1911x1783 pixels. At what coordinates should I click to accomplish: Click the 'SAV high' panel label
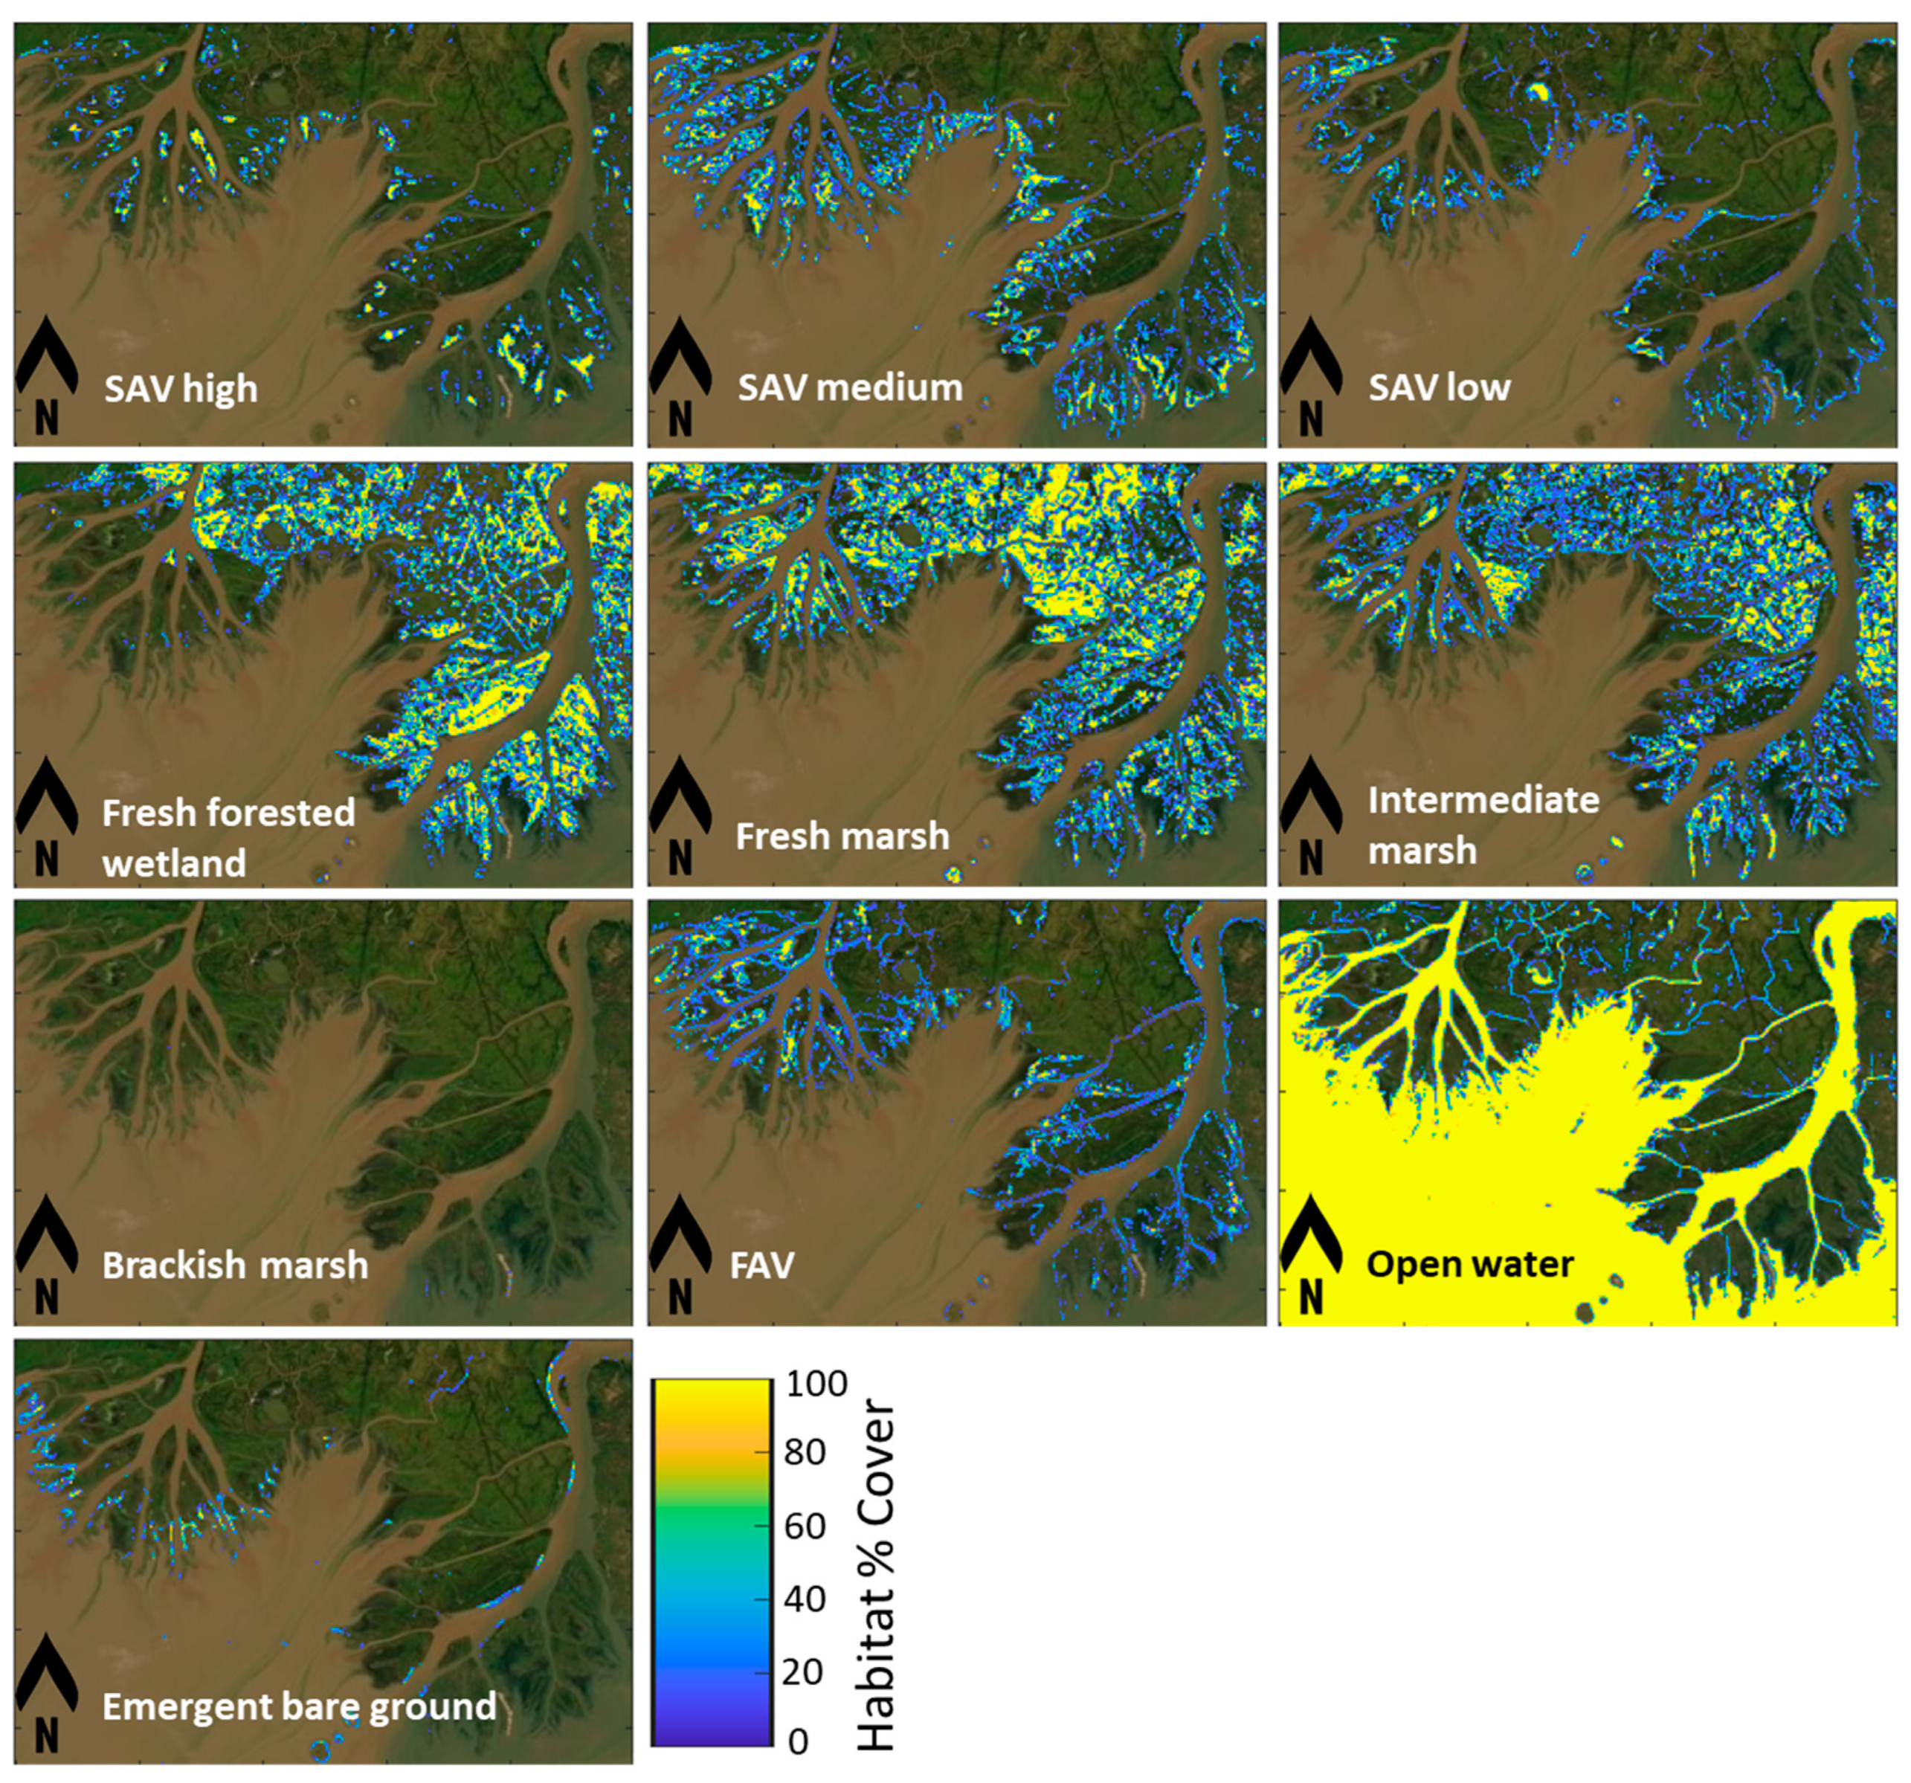pos(181,390)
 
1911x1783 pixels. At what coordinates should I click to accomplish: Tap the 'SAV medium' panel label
pos(850,387)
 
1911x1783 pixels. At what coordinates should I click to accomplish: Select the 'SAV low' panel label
pos(1439,387)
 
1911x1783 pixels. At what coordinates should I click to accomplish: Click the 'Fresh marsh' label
pos(842,836)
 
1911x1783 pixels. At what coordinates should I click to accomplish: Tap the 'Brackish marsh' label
pos(234,1265)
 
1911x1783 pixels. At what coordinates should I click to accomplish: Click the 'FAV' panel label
pos(762,1265)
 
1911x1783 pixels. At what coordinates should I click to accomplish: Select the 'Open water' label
pos(1470,1264)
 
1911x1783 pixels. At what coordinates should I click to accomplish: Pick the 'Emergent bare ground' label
pos(299,1706)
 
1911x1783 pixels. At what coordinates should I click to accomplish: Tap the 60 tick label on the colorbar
pos(805,1526)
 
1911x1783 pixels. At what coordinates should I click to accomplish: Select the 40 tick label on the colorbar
pos(805,1599)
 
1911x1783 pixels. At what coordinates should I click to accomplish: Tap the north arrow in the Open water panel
pos(1310,1255)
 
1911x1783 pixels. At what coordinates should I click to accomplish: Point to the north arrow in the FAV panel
pos(680,1255)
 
